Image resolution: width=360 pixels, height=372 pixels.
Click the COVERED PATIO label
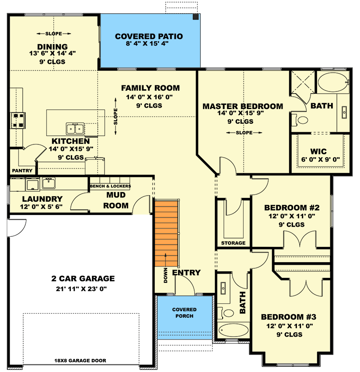point(149,36)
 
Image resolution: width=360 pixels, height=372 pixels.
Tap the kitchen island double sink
point(75,129)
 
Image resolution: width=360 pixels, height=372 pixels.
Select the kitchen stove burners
point(18,120)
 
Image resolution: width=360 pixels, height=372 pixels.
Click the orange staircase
point(166,234)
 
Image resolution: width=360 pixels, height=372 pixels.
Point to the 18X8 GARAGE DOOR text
point(80,361)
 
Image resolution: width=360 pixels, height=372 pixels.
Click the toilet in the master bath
point(300,120)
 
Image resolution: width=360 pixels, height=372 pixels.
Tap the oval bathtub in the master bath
point(333,82)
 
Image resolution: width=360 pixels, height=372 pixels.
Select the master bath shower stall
point(303,82)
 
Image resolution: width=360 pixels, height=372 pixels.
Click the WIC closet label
point(318,151)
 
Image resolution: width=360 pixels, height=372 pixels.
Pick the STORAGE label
point(233,243)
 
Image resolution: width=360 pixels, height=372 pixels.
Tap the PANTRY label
point(22,171)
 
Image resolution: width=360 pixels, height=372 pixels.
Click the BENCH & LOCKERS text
point(111,186)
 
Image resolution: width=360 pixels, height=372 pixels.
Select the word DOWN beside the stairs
point(165,275)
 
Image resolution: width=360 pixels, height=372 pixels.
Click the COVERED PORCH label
point(184,312)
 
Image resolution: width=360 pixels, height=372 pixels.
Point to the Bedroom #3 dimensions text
point(290,326)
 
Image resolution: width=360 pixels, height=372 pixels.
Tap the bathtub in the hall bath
point(233,330)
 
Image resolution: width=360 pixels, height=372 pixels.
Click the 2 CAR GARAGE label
point(83,278)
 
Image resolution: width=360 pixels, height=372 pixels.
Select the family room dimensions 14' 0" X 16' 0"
point(150,97)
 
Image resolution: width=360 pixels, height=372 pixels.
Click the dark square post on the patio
point(196,17)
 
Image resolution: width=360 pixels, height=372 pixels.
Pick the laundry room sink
point(49,183)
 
